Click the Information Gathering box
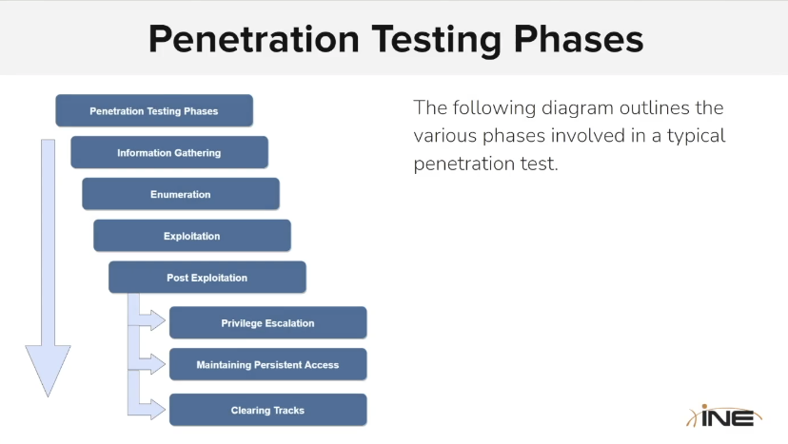[x=169, y=152]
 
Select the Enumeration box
[x=181, y=194]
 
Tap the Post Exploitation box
[x=207, y=278]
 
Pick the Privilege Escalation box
[x=267, y=322]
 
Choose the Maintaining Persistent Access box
[x=267, y=364]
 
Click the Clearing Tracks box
[x=267, y=410]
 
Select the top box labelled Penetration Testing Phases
[x=154, y=110]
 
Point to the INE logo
[x=724, y=416]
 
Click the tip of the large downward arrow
[x=49, y=396]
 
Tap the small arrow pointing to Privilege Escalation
[x=151, y=320]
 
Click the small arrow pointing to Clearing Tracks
[x=151, y=409]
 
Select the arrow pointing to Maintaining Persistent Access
[x=151, y=363]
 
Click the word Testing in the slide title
[x=436, y=40]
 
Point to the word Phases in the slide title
[x=579, y=39]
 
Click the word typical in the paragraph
[x=696, y=136]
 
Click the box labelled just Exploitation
[x=192, y=236]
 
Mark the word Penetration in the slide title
[x=254, y=39]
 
